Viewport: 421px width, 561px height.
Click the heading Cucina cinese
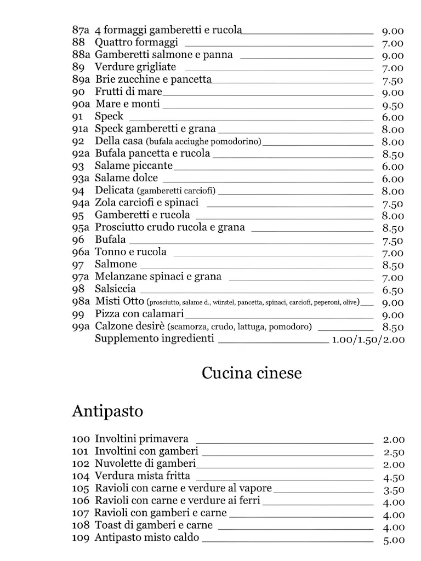click(x=252, y=374)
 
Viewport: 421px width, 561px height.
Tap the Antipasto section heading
click(x=107, y=411)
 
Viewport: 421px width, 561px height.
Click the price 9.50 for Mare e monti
click(x=392, y=105)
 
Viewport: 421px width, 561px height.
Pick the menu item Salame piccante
click(x=134, y=165)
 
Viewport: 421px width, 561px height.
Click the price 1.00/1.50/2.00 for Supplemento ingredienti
click(x=368, y=340)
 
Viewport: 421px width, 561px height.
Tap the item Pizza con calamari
click(x=139, y=314)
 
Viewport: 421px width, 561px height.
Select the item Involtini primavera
click(x=141, y=439)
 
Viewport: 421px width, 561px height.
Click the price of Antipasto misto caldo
click(x=393, y=540)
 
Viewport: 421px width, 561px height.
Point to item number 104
click(x=80, y=476)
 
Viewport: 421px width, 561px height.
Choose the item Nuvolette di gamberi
click(x=145, y=463)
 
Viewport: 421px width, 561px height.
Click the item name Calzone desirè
click(x=130, y=327)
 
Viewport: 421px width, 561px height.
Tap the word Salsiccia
click(x=115, y=289)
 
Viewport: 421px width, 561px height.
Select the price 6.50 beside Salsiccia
click(x=392, y=290)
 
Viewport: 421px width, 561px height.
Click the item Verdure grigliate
click(x=135, y=67)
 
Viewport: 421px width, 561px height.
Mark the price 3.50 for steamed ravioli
click(x=393, y=490)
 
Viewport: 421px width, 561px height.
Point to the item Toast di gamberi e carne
click(x=153, y=525)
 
